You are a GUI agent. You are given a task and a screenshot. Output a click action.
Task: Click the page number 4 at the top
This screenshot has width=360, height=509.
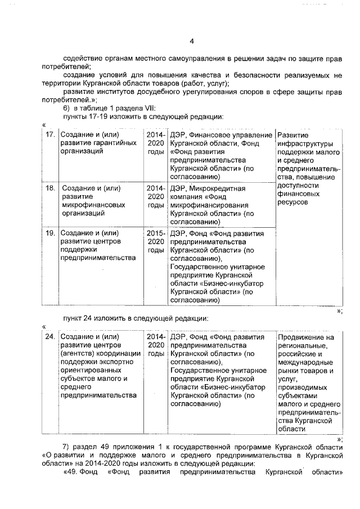(x=191, y=40)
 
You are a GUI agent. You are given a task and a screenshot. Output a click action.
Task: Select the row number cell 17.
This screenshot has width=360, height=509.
(x=49, y=135)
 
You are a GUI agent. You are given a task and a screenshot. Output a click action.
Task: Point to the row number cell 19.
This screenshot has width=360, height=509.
(x=49, y=233)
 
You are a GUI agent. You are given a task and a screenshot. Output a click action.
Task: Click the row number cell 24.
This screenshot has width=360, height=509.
(x=49, y=337)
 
